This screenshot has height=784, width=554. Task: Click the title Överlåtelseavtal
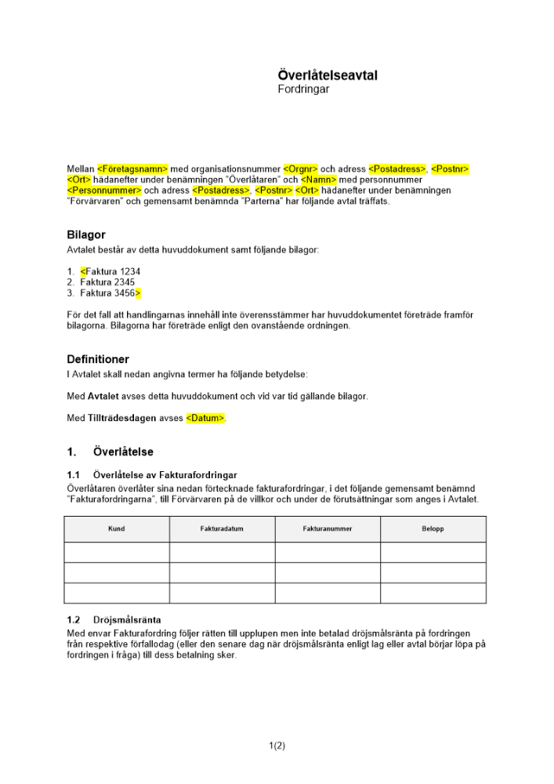pyautogui.click(x=328, y=75)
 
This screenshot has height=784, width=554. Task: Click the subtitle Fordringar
pyautogui.click(x=303, y=89)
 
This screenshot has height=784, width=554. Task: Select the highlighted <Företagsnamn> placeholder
pyautogui.click(x=133, y=169)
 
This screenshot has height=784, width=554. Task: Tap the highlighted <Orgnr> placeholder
pyautogui.click(x=300, y=169)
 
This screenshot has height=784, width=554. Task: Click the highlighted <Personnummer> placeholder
pyautogui.click(x=104, y=191)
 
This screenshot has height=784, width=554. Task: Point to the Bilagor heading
pyautogui.click(x=86, y=234)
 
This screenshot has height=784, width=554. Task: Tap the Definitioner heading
pyautogui.click(x=98, y=359)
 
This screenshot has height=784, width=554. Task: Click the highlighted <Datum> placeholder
pyautogui.click(x=205, y=419)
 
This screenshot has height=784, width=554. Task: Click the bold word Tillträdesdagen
pyautogui.click(x=121, y=419)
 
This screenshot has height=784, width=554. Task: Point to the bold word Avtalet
pyautogui.click(x=103, y=397)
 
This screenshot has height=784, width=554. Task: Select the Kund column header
pyautogui.click(x=116, y=529)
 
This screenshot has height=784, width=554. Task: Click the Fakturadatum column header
pyautogui.click(x=222, y=529)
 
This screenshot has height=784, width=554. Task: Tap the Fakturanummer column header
pyautogui.click(x=328, y=529)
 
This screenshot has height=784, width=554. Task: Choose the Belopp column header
pyautogui.click(x=433, y=529)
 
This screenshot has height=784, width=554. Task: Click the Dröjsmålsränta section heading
pyautogui.click(x=127, y=619)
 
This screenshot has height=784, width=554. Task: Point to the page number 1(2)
pyautogui.click(x=277, y=746)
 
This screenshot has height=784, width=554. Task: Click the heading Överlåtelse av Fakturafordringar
pyautogui.click(x=165, y=475)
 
